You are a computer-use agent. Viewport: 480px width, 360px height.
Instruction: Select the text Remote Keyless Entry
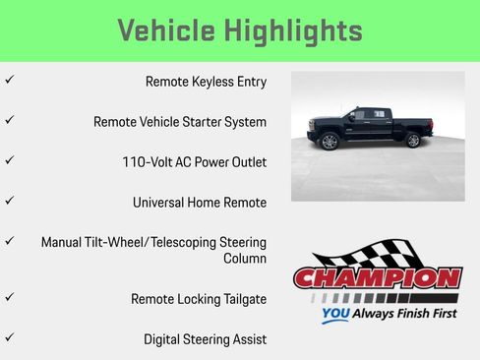click(206, 82)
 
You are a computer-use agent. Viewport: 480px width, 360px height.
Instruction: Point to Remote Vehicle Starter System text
click(180, 122)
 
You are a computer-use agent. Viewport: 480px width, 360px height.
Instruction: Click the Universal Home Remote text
click(200, 203)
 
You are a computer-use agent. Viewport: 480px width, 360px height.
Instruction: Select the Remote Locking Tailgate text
click(199, 299)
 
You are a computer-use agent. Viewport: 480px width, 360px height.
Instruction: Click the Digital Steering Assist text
click(205, 339)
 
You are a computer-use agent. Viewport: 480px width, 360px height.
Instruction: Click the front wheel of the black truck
click(330, 142)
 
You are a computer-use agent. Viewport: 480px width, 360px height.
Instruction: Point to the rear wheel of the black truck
click(413, 141)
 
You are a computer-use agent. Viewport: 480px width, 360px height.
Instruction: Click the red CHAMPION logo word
click(378, 277)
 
